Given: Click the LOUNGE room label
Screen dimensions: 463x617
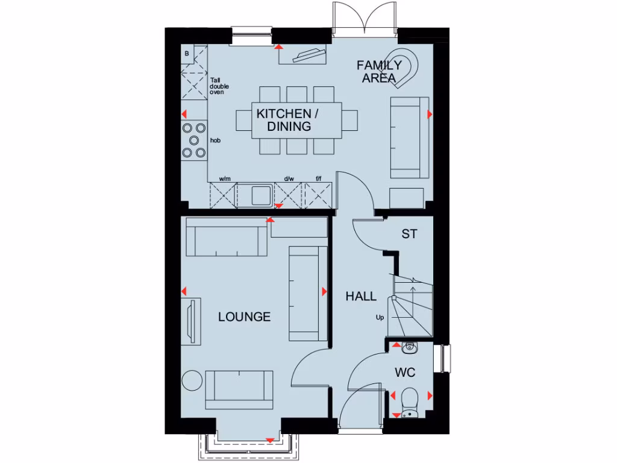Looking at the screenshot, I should pos(244,317).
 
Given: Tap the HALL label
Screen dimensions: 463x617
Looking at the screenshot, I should pos(361,296).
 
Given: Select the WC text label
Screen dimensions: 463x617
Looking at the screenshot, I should pos(405,373).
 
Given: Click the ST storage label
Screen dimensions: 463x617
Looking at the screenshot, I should pos(409,235).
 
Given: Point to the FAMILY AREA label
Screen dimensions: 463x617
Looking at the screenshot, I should pos(379,71).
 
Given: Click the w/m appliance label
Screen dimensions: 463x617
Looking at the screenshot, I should pos(225,178).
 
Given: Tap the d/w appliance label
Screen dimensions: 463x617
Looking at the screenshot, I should pos(289,178).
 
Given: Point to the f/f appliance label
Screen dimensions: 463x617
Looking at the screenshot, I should pos(319,178).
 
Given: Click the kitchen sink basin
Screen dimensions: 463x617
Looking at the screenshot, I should pos(261,195).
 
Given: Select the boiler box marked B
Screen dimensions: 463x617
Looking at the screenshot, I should pos(187,54).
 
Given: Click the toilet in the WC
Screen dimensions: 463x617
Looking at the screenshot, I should pos(410,398).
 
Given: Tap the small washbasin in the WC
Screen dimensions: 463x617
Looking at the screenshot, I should pos(410,347).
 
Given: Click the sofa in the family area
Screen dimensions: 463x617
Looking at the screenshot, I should pos(410,137).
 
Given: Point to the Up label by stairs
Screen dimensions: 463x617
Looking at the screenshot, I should pos(380,317).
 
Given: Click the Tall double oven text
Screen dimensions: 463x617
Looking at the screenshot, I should pos(217,86).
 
